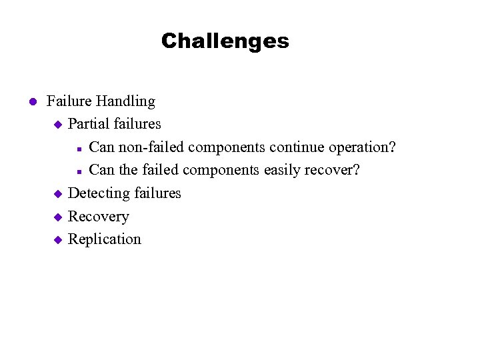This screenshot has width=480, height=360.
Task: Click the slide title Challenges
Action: [225, 41]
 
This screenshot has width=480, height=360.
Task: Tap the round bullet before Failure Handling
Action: [31, 102]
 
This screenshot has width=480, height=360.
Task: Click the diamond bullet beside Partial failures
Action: [57, 125]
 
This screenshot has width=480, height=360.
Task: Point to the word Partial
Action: [89, 124]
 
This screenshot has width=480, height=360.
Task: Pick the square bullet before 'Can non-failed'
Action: [79, 148]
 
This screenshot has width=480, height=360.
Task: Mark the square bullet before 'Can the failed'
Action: [79, 171]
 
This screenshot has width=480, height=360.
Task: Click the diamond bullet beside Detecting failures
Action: [57, 194]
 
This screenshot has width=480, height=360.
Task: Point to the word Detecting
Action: [99, 193]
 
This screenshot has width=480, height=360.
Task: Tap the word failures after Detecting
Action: [157, 193]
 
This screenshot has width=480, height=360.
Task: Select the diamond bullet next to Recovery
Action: [57, 217]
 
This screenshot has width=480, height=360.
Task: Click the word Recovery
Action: [99, 217]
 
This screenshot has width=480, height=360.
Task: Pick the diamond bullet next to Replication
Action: [57, 240]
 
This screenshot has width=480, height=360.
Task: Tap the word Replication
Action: [105, 239]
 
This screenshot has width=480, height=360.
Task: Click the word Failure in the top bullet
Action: [69, 101]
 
